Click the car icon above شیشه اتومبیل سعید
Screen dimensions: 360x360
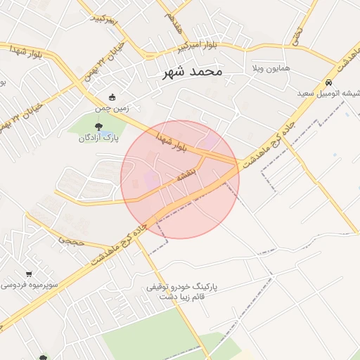point(329,81)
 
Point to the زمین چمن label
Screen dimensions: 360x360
point(112,109)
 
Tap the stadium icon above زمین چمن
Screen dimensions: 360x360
point(112,98)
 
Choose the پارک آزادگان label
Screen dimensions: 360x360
point(98,139)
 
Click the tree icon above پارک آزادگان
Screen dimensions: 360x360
point(98,127)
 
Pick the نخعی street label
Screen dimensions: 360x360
point(297,32)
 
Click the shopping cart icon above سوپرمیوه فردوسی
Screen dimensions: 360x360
point(28,274)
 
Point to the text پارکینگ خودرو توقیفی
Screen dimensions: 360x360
point(182,287)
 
